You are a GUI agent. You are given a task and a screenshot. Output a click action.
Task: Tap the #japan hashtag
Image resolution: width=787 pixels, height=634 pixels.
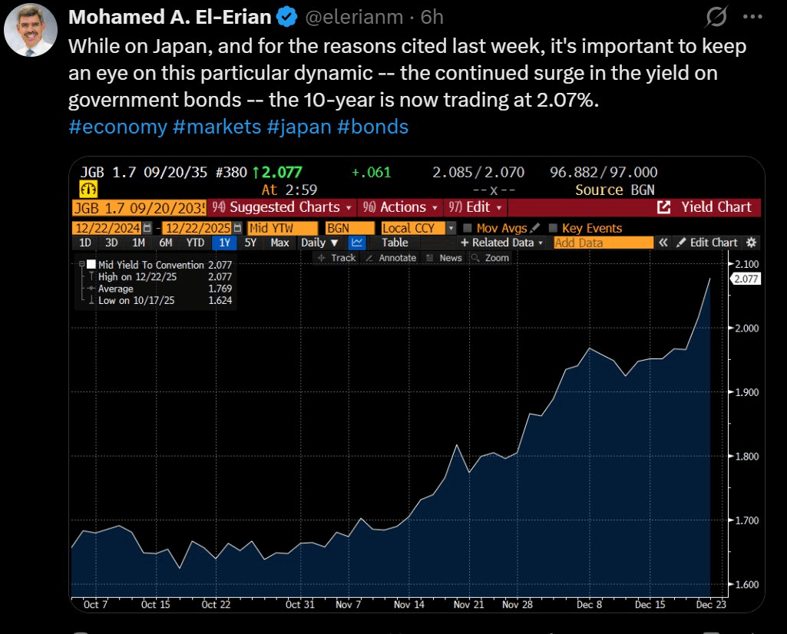pos(303,127)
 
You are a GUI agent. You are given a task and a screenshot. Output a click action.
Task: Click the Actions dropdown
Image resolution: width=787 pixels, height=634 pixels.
pos(399,207)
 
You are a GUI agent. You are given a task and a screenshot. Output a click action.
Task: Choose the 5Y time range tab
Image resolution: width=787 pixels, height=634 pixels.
pos(250,243)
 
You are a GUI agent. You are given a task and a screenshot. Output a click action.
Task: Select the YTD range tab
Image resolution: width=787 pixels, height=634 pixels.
pos(195,243)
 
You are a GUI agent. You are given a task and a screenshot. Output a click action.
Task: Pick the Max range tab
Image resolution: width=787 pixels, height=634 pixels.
pos(279,243)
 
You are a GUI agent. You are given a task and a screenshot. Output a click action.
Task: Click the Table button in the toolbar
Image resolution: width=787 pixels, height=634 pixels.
pos(395,243)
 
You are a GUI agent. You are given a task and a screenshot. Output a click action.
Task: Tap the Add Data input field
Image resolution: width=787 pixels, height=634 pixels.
pos(603,243)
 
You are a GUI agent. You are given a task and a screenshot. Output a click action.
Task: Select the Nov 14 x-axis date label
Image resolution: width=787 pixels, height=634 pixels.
pos(408,604)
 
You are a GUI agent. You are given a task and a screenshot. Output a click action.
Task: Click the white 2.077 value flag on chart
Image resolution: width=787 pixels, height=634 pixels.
pos(746,279)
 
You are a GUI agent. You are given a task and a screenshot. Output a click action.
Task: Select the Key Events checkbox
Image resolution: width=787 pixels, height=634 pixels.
pos(553,228)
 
